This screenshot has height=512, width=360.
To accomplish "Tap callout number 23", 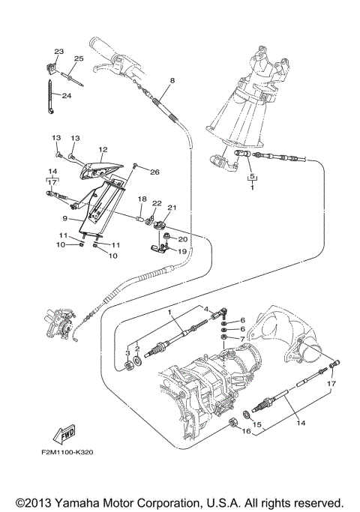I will pos(59,51).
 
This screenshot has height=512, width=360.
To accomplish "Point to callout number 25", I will pos(79,58).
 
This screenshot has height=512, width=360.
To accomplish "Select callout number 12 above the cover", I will pos(103,149).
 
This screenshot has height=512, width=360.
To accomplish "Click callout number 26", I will pos(154,172).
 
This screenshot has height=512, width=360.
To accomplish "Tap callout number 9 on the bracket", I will pos(65,219).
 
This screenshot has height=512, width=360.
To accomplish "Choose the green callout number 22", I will pos(157,202).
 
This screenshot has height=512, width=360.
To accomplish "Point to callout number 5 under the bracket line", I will pos(253,178).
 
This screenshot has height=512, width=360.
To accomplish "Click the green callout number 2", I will pos(137,349).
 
